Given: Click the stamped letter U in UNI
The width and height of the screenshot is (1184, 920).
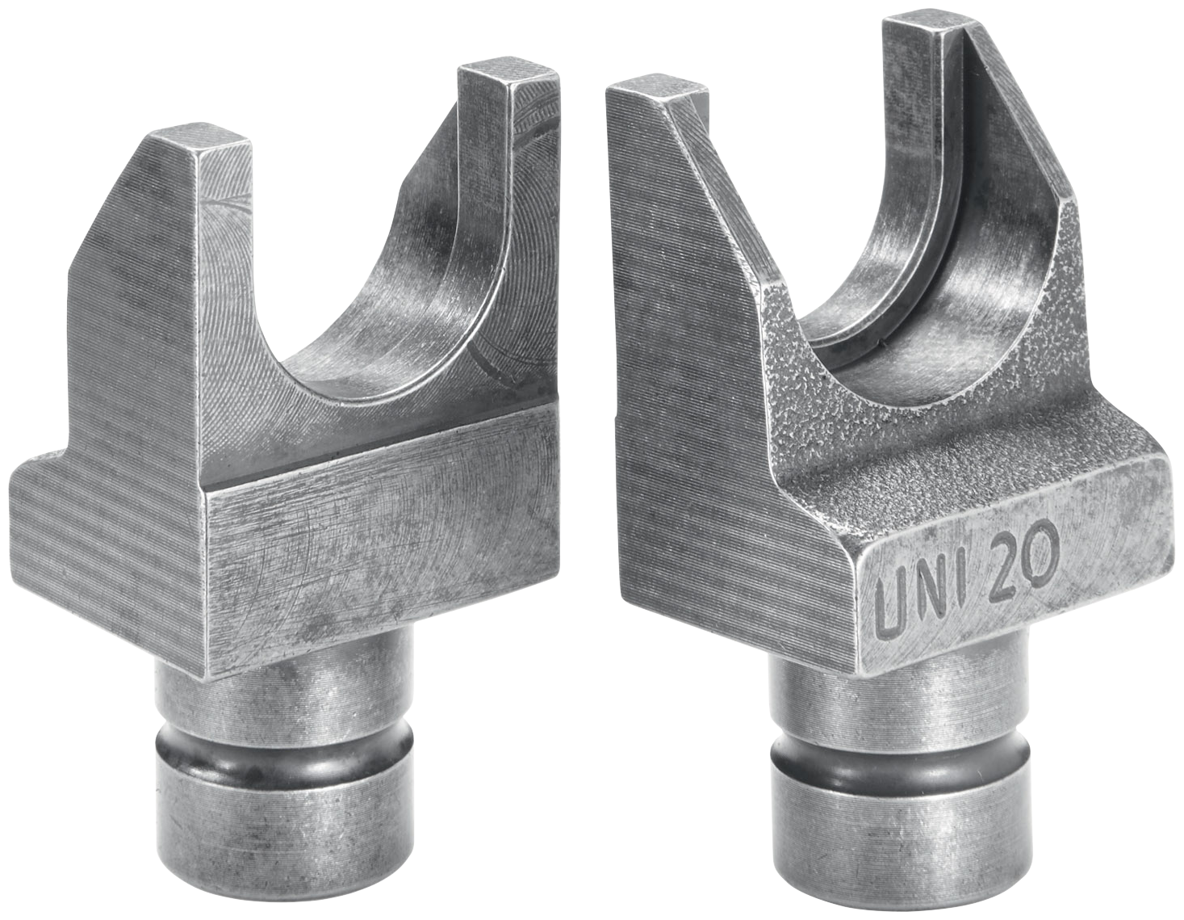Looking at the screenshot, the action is (891, 610).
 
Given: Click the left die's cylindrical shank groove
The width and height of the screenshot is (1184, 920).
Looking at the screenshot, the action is (282, 752).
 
